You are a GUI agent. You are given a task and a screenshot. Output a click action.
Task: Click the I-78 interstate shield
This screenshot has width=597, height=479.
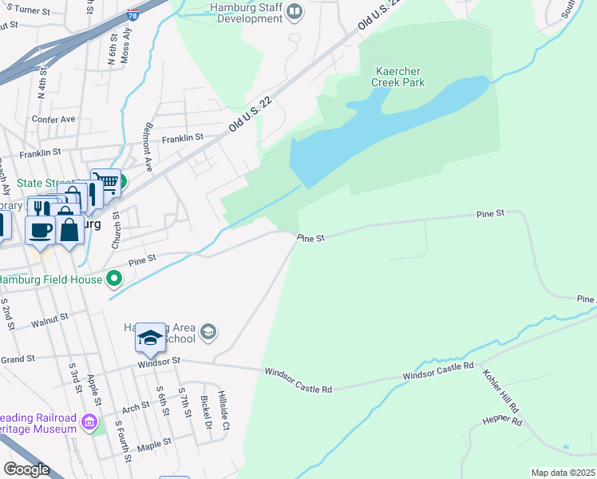click(x=132, y=15)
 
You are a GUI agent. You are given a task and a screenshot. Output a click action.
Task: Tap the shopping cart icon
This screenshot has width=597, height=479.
click(x=105, y=183)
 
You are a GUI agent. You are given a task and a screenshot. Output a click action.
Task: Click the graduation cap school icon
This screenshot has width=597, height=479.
click(x=149, y=338)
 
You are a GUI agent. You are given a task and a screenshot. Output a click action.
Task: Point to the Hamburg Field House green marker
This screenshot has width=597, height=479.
click(x=115, y=279)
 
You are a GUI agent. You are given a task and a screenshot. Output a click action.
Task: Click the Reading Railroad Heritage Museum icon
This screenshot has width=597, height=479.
click(x=89, y=422)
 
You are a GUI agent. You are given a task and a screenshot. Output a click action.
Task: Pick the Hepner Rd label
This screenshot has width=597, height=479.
click(x=502, y=421)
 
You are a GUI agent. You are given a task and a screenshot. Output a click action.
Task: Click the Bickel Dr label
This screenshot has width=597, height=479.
click(x=204, y=410)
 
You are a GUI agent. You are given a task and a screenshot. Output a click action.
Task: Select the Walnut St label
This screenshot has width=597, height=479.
click(x=50, y=323)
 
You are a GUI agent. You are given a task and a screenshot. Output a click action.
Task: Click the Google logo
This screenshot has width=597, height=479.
click(x=26, y=469)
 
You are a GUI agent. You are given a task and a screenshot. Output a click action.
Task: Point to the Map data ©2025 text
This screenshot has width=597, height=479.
click(x=563, y=473)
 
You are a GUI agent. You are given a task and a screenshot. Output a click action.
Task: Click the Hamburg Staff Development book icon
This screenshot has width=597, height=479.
click(x=295, y=10)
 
